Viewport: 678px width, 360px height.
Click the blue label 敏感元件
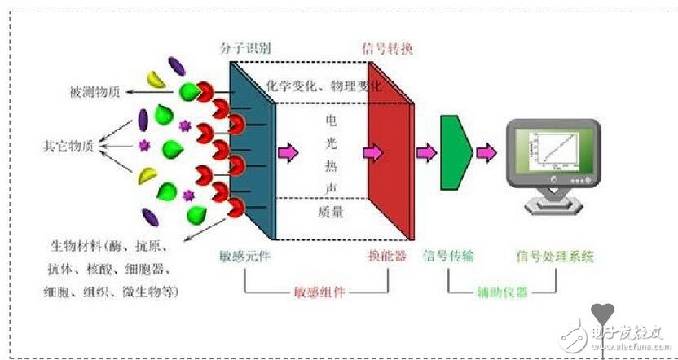(245, 257)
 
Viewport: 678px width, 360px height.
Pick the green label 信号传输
(448, 257)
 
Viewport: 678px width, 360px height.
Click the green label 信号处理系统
(555, 257)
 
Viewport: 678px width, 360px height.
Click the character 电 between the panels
(331, 119)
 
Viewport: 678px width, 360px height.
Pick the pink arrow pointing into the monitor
(487, 152)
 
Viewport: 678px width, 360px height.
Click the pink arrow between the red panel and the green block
(426, 152)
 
